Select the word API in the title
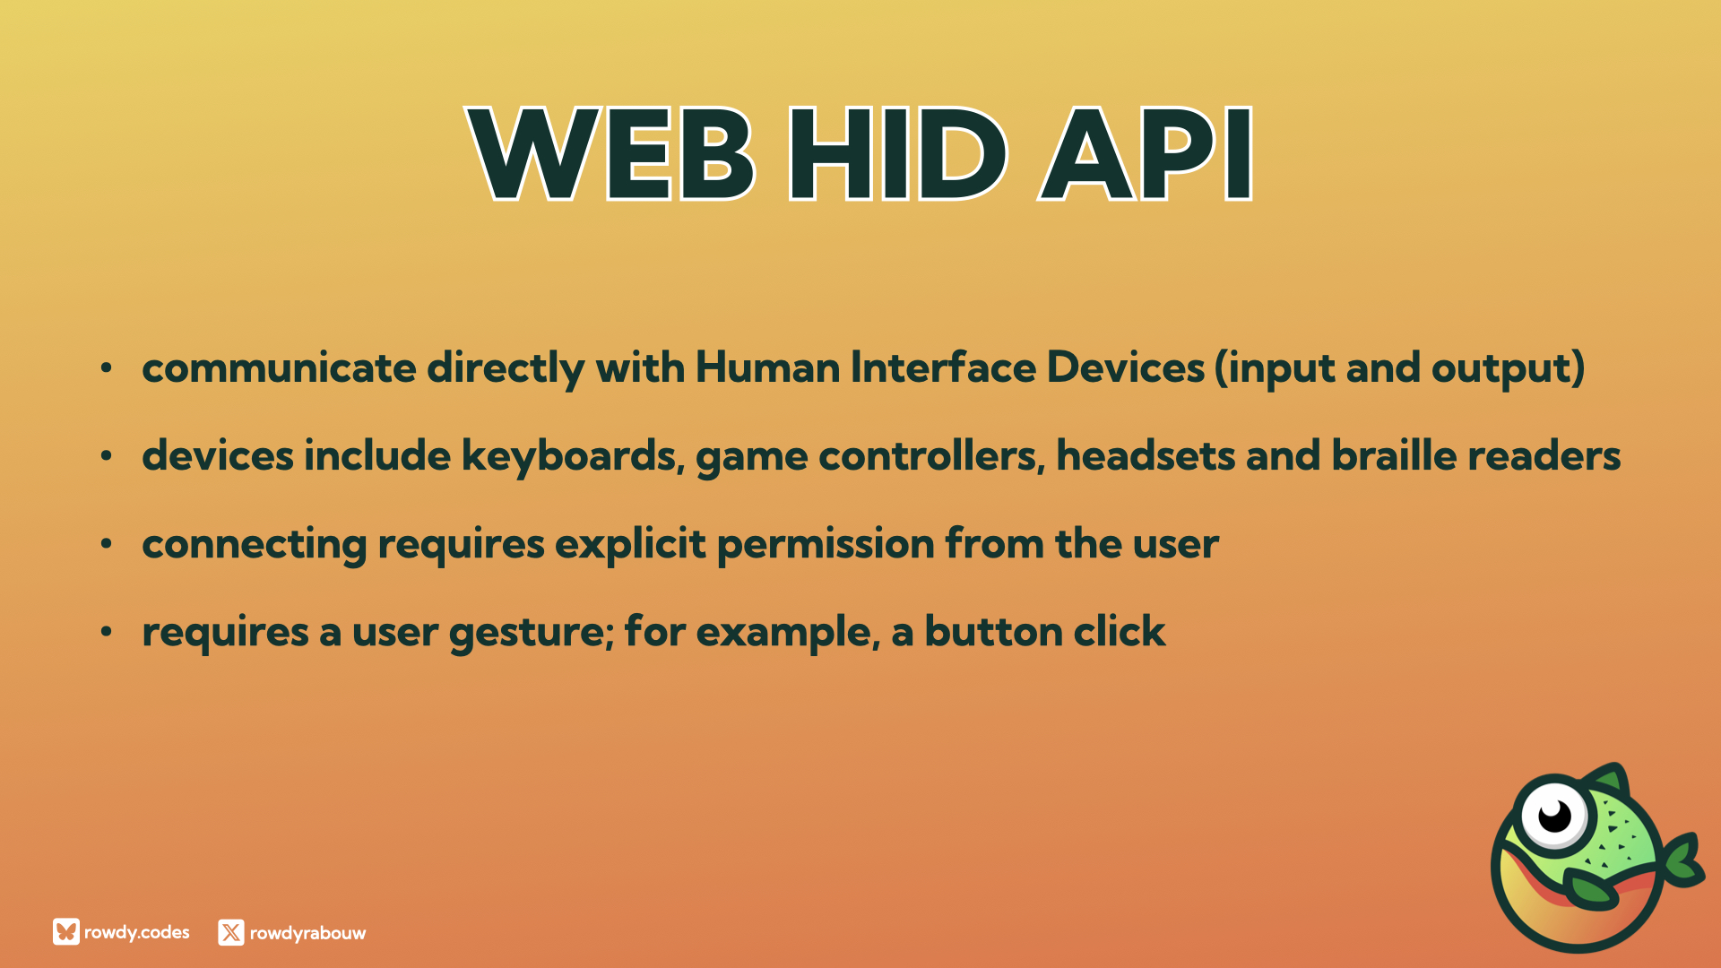[x=1146, y=154]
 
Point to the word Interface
[x=943, y=367]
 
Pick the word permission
[x=826, y=544]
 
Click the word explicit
[x=630, y=544]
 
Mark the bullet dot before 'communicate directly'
[x=107, y=367]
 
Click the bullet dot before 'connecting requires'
[x=107, y=543]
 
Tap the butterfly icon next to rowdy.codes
[x=66, y=932]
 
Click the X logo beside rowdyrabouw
[x=231, y=932]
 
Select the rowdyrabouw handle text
[x=307, y=933]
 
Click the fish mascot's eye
[x=1554, y=816]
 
